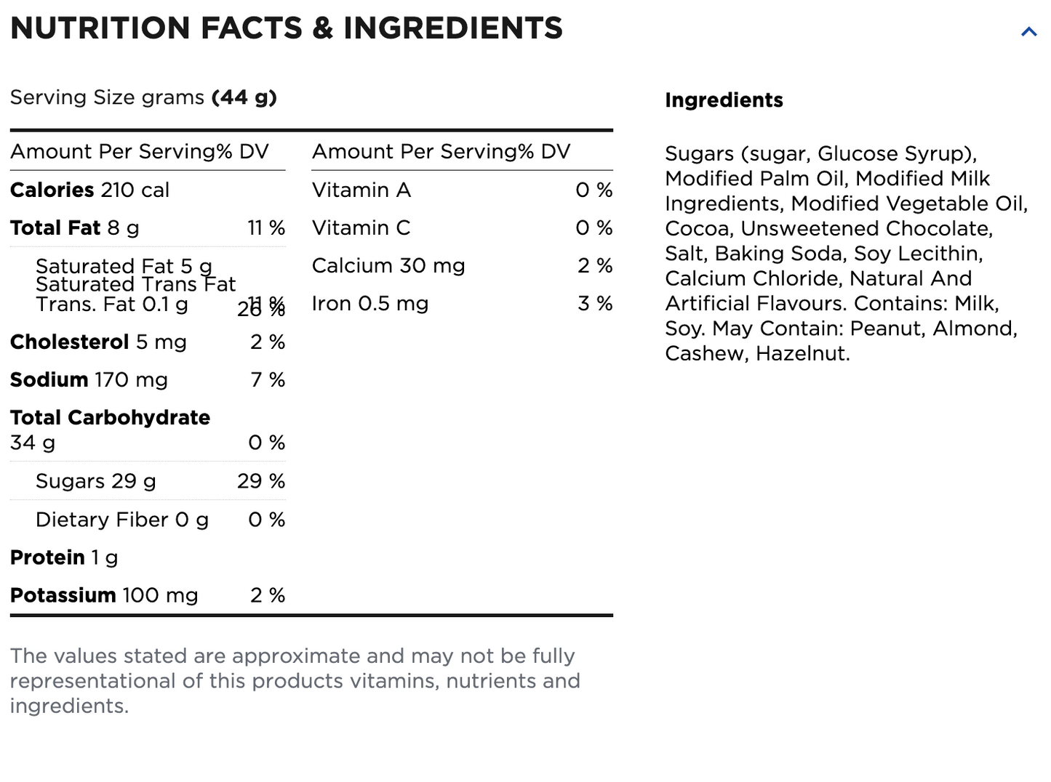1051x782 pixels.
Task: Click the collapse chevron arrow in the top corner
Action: [1028, 31]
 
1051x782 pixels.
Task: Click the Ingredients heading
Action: [724, 100]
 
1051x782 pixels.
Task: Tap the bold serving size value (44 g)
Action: [244, 97]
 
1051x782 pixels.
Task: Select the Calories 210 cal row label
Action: [89, 190]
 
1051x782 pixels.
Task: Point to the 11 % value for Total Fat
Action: [266, 228]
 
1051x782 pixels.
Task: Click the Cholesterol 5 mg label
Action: [98, 342]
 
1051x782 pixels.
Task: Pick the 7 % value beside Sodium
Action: [268, 380]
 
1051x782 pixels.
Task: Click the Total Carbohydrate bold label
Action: [110, 418]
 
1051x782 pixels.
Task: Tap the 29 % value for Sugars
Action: [260, 481]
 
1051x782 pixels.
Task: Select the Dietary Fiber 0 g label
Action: [121, 520]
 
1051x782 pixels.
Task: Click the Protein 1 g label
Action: [64, 557]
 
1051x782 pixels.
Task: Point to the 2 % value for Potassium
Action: [268, 596]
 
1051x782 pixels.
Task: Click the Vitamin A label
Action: [361, 190]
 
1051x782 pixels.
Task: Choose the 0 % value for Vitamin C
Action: [594, 228]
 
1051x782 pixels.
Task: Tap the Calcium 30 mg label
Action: [388, 266]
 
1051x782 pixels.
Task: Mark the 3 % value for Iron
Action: [595, 304]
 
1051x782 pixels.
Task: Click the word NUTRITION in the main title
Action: [101, 28]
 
